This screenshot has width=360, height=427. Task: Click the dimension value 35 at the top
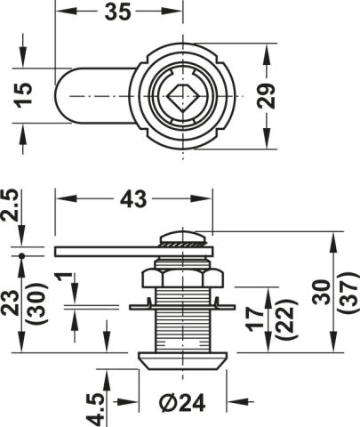click(x=117, y=12)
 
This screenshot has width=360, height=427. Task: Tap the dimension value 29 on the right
click(x=266, y=96)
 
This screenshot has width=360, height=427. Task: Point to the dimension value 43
click(x=133, y=199)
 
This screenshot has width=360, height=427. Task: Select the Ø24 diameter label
click(x=182, y=403)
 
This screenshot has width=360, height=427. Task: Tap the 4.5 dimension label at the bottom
click(x=95, y=410)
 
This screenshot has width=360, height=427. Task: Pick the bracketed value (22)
click(x=284, y=319)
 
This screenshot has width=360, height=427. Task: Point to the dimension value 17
click(x=255, y=319)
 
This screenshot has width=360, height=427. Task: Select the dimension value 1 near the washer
click(x=64, y=278)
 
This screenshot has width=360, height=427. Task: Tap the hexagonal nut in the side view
click(x=182, y=278)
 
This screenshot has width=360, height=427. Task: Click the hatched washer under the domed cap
click(x=182, y=244)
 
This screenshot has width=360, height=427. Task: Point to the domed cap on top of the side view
click(x=182, y=237)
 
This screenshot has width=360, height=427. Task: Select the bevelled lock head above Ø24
click(x=182, y=361)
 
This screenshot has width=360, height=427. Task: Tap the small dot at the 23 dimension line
click(x=21, y=256)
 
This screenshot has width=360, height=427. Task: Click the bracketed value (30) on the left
click(x=37, y=303)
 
